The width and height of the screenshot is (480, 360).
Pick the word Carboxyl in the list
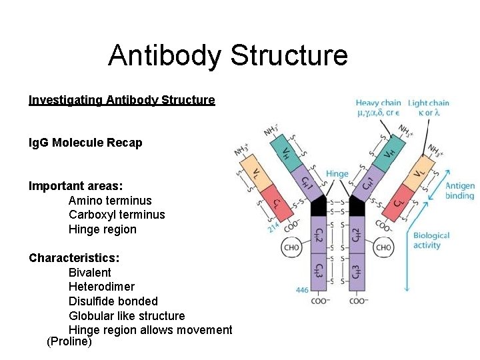coord(91,215)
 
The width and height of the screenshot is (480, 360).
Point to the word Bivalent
coord(90,273)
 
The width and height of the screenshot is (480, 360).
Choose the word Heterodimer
coord(101,287)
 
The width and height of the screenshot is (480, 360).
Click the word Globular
coord(93,315)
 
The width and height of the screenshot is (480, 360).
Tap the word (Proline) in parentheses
coord(69,342)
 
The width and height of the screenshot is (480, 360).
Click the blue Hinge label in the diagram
coord(337,174)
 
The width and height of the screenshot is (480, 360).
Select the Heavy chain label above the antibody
coord(378,103)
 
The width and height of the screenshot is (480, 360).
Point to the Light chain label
coord(428,103)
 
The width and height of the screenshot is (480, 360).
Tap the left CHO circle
coord(291,247)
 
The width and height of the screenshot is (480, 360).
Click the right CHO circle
coord(383,247)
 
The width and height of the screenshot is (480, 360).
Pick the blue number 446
coord(302,290)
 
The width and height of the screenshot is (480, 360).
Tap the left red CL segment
coord(274,203)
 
